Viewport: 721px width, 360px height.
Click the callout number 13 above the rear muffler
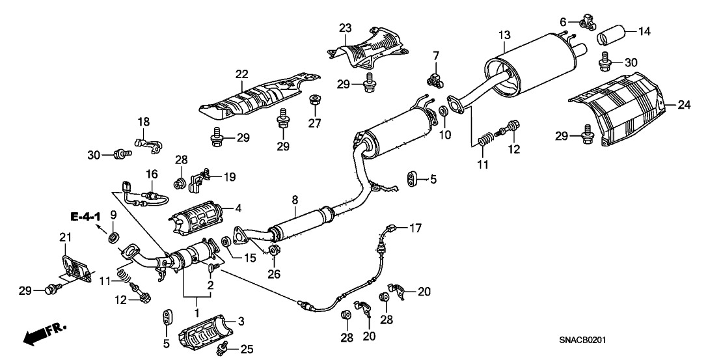point(504,34)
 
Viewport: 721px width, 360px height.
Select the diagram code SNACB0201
point(588,340)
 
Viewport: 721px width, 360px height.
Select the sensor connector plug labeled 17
point(391,228)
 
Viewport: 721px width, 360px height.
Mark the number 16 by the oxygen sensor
point(151,174)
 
